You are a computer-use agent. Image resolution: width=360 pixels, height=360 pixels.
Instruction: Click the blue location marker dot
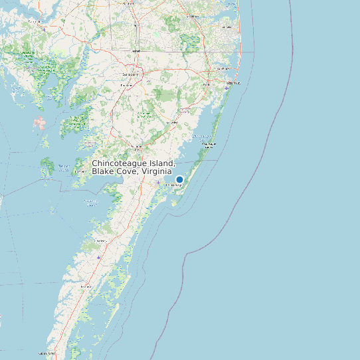tap(179, 179)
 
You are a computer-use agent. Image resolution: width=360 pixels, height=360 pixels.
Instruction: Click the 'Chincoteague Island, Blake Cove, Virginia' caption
tap(134, 167)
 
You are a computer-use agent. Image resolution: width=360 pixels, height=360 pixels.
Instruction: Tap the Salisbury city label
tap(130, 74)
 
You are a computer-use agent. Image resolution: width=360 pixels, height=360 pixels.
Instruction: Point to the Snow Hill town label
tap(172, 123)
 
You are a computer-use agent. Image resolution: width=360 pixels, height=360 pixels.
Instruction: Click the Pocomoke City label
tap(138, 147)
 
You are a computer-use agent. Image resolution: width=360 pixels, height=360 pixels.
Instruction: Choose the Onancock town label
tap(100, 240)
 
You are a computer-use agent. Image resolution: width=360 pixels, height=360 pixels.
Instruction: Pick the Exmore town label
tap(85, 286)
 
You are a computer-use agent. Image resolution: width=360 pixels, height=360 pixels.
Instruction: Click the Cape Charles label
tap(48, 353)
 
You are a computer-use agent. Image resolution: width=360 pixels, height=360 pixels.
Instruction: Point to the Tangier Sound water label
tap(64, 166)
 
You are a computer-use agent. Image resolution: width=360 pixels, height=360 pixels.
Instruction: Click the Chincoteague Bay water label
tap(201, 137)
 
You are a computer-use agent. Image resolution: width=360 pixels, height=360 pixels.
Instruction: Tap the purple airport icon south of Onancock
tap(100, 257)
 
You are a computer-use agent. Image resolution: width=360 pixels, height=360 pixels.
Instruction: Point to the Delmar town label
tap(136, 50)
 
